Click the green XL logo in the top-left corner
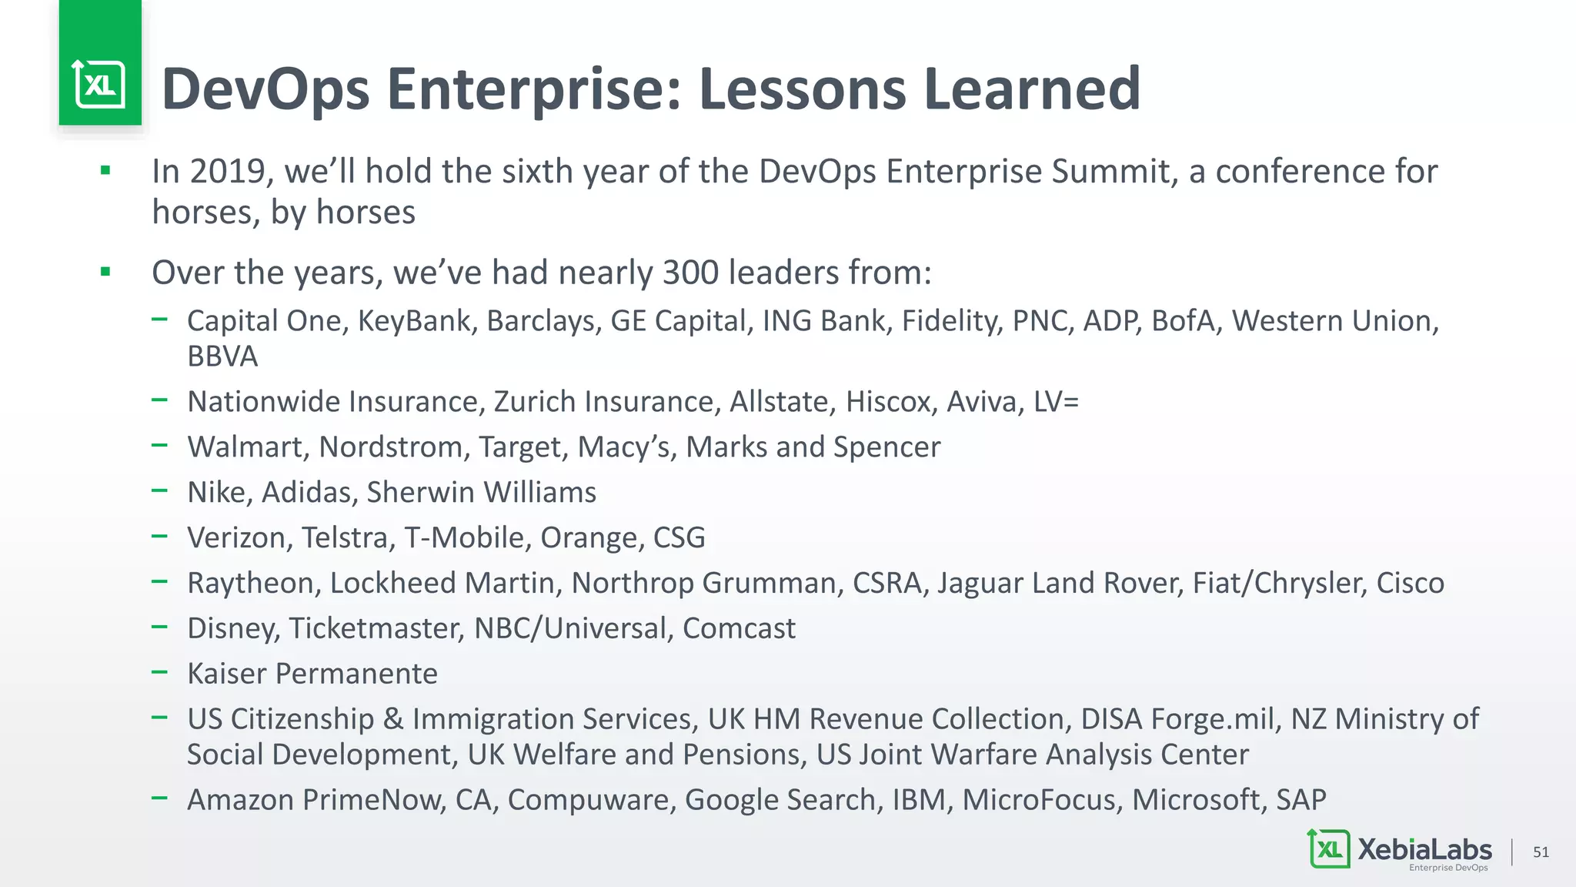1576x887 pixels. (x=100, y=84)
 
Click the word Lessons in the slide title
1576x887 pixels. (x=803, y=89)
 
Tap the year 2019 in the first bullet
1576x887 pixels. (x=228, y=171)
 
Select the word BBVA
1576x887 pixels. (x=222, y=356)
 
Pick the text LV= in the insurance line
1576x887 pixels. (x=1056, y=402)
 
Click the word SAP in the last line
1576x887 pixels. (x=1301, y=800)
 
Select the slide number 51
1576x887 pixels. (x=1541, y=852)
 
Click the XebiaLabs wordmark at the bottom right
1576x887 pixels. (x=1424, y=850)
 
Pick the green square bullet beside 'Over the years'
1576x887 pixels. (x=105, y=272)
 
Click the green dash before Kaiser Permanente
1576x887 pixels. (x=159, y=672)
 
